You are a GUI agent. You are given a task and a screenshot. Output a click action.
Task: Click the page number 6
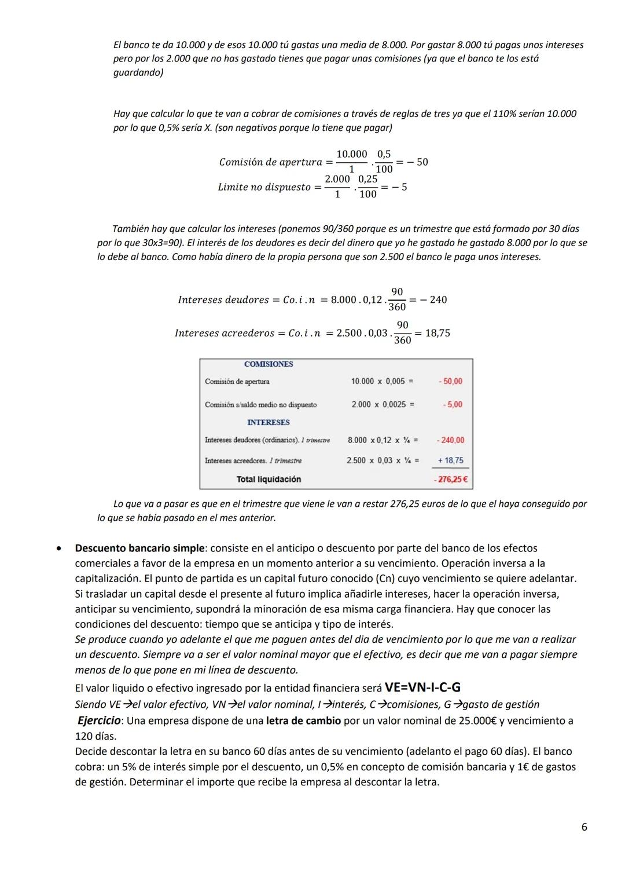[x=584, y=827]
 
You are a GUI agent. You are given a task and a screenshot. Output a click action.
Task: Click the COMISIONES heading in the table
[x=269, y=364]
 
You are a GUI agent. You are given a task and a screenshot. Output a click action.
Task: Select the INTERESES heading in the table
[x=268, y=423]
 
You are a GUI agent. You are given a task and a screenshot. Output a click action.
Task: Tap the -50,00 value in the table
[x=450, y=381]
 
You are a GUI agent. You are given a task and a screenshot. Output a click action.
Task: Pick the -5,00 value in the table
[x=452, y=404]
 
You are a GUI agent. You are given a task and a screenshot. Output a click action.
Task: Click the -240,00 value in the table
[x=450, y=440]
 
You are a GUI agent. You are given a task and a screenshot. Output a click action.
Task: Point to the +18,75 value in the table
[x=450, y=460]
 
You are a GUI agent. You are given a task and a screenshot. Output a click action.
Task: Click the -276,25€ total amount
[x=451, y=480]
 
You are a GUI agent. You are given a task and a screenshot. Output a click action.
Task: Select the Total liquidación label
[x=269, y=480]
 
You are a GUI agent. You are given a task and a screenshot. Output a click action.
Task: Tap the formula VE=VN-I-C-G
[x=422, y=687]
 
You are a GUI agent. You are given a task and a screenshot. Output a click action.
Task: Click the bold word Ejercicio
[x=99, y=721]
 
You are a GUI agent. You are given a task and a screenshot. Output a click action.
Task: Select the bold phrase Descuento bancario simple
[x=139, y=548]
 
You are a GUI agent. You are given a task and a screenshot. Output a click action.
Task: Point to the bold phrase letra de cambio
[x=303, y=721]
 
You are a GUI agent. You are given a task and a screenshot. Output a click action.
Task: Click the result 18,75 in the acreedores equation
[x=437, y=333]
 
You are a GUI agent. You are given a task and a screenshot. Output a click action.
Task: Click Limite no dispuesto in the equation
[x=264, y=187]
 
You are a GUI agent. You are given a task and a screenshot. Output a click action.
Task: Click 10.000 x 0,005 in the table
[x=382, y=381]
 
